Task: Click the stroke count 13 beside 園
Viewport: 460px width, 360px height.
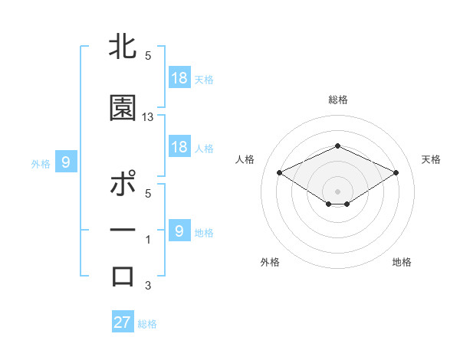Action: [x=148, y=117]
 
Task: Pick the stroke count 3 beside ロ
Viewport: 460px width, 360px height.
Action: [x=148, y=286]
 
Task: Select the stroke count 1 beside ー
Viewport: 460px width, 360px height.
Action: [x=148, y=240]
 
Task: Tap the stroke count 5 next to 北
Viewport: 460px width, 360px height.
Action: [x=148, y=56]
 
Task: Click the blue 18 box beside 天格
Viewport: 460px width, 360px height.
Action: [x=179, y=78]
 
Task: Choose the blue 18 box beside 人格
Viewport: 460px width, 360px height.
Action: [x=179, y=147]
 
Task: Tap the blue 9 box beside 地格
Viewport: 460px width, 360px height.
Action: [x=179, y=231]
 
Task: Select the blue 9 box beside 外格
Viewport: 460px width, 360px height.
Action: [x=66, y=162]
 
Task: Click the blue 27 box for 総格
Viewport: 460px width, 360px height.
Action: [x=123, y=322]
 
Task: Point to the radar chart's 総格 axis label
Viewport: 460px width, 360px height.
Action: [x=337, y=100]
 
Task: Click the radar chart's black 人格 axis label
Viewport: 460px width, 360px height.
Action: [x=245, y=159]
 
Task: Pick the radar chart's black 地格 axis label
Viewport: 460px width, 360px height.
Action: [x=402, y=262]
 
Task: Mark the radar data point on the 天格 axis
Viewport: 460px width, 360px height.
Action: [x=396, y=172]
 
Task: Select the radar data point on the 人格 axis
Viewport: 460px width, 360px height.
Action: [x=279, y=172]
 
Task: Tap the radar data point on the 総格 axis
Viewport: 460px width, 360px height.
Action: [x=337, y=146]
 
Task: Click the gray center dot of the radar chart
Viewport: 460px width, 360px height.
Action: [x=337, y=190]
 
